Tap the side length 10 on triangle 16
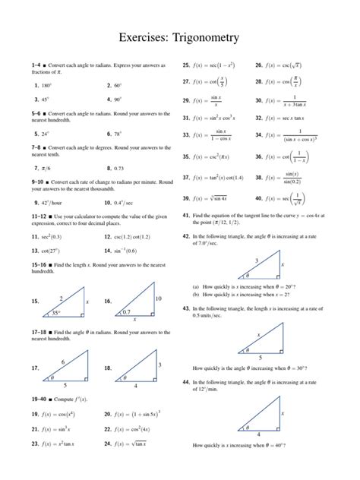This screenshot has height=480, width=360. pyautogui.click(x=158, y=298)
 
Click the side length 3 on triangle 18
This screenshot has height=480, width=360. pyautogui.click(x=159, y=365)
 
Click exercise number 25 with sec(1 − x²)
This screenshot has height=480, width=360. pyautogui.click(x=186, y=65)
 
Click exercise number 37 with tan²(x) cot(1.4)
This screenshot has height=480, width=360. pyautogui.click(x=186, y=177)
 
